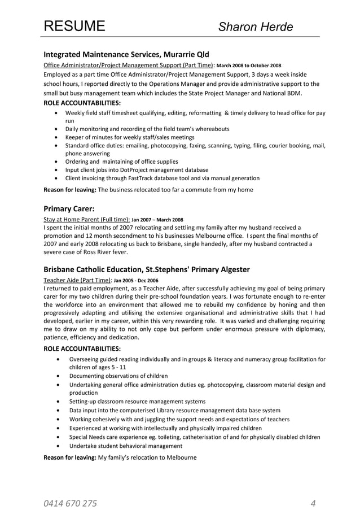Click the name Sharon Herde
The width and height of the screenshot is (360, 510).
256,27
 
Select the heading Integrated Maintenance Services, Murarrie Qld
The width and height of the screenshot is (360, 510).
126,55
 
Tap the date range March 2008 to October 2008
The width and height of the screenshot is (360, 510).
249,66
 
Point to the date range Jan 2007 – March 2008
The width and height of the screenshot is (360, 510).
157,219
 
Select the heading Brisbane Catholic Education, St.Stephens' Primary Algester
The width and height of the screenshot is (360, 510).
147,269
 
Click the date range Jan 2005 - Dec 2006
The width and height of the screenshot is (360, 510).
136,280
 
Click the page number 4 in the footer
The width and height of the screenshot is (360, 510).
313,487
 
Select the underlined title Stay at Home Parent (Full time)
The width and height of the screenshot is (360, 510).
87,219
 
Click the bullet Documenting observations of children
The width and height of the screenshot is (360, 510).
118,376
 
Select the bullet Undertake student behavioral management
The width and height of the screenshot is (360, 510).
125,445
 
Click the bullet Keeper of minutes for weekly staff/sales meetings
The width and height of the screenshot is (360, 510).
130,137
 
